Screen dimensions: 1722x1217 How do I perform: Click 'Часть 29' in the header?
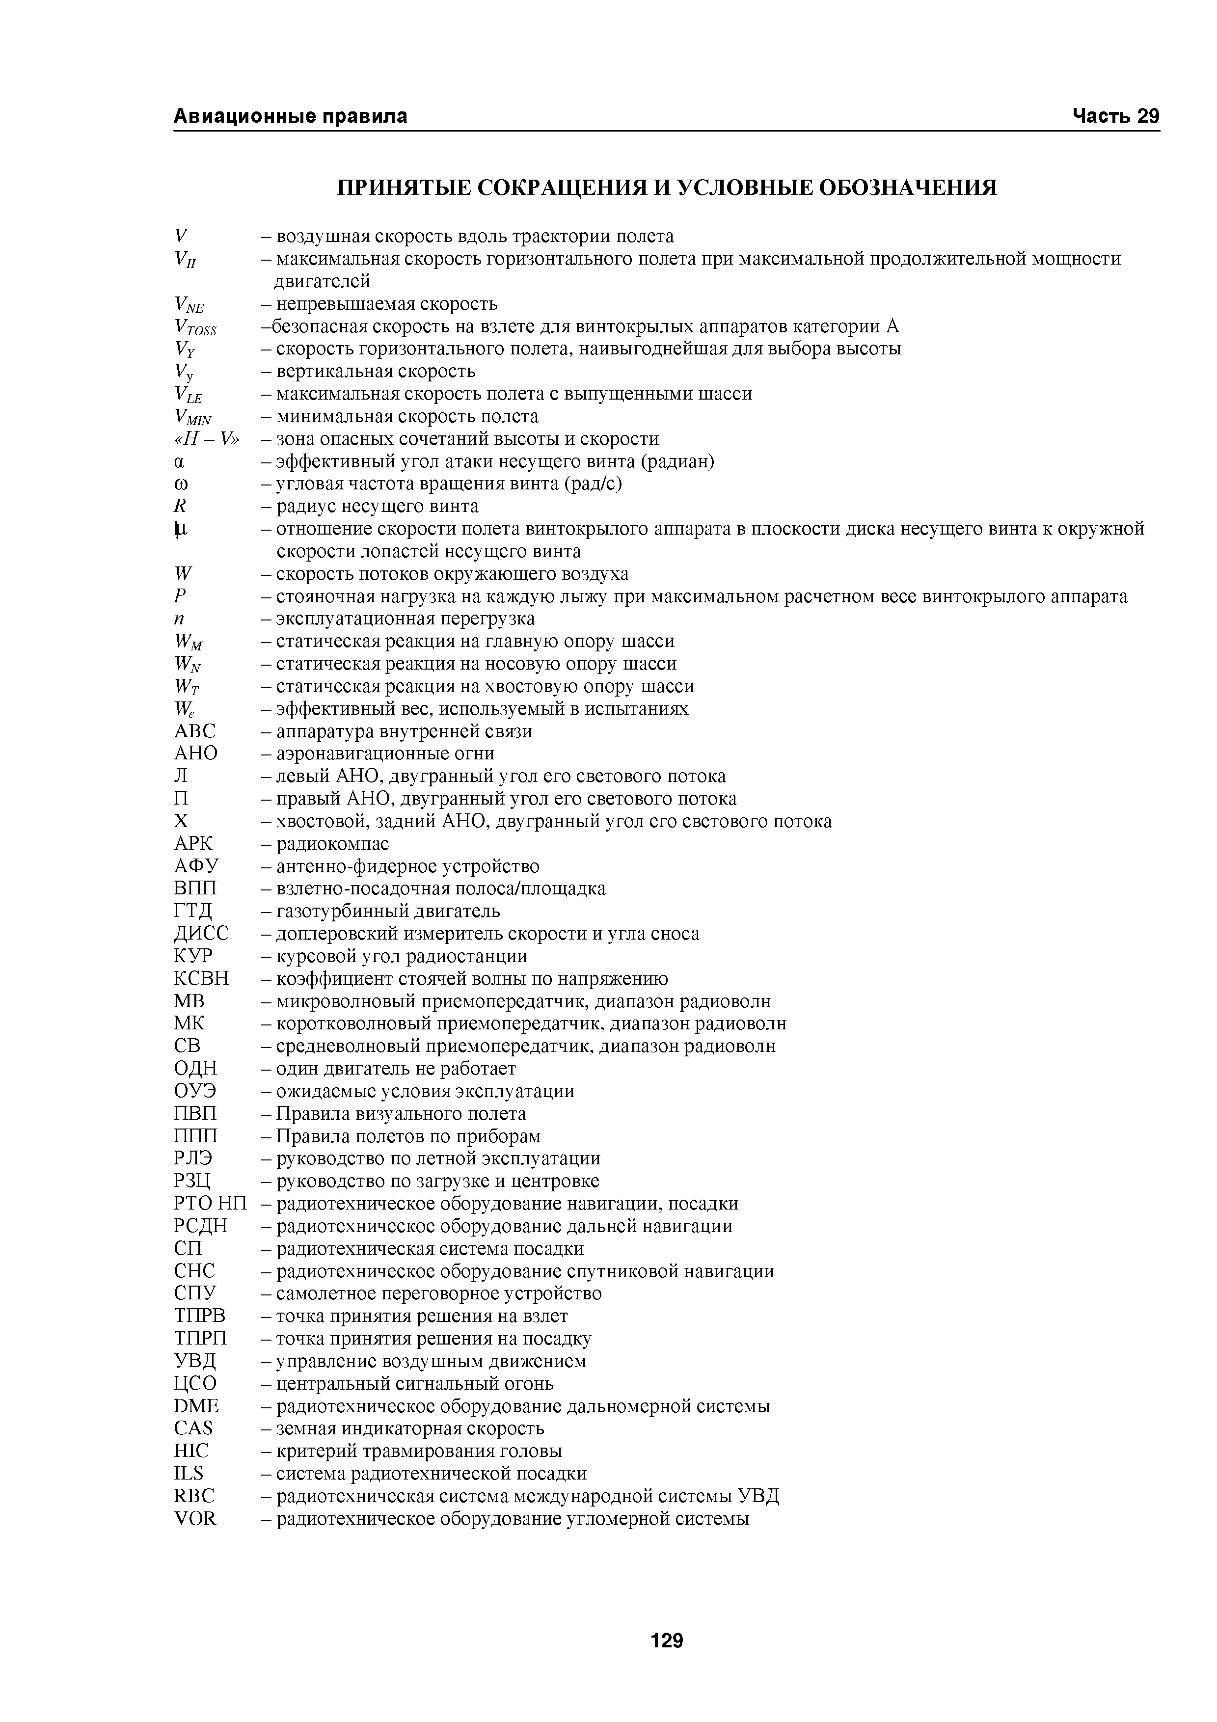(1115, 116)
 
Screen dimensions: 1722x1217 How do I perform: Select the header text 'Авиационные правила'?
(291, 116)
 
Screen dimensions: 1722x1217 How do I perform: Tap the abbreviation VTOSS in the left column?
(195, 328)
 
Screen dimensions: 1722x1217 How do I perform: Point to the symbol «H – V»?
(206, 439)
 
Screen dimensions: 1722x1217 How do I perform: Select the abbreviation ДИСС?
(201, 934)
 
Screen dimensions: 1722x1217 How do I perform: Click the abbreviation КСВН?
(201, 979)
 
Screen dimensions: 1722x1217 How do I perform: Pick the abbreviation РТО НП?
(210, 1204)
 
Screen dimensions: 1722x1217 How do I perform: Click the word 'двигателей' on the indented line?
(322, 282)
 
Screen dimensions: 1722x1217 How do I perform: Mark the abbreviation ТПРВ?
(199, 1316)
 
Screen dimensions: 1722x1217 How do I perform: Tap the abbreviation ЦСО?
(195, 1384)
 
